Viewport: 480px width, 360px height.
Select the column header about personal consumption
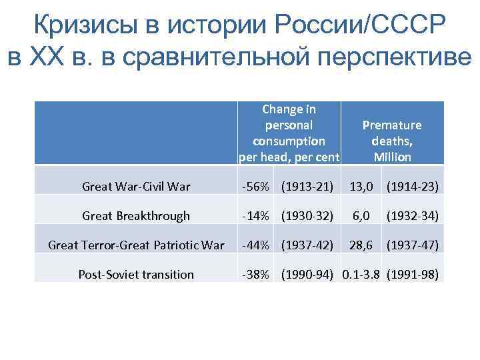[x=289, y=133]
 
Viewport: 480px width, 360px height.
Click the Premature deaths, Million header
[x=392, y=141]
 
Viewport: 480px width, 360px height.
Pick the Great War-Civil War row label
[x=136, y=187]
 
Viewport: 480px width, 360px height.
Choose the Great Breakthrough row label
[x=136, y=215]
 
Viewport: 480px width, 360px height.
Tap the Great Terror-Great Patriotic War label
[x=136, y=245]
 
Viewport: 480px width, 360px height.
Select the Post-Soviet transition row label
[x=136, y=274]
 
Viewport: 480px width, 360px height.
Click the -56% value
[x=255, y=187]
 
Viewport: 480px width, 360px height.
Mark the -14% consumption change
[x=255, y=216]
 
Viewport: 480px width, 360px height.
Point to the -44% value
[x=255, y=245]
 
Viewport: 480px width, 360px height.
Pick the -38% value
[x=255, y=274]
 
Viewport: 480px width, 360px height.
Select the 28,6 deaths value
[x=363, y=245]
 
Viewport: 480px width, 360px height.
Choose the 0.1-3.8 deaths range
[x=363, y=274]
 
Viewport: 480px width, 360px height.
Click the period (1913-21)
[x=307, y=187]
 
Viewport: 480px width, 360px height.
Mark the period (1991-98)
[x=413, y=274]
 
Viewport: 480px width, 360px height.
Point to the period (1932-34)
[x=413, y=216]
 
